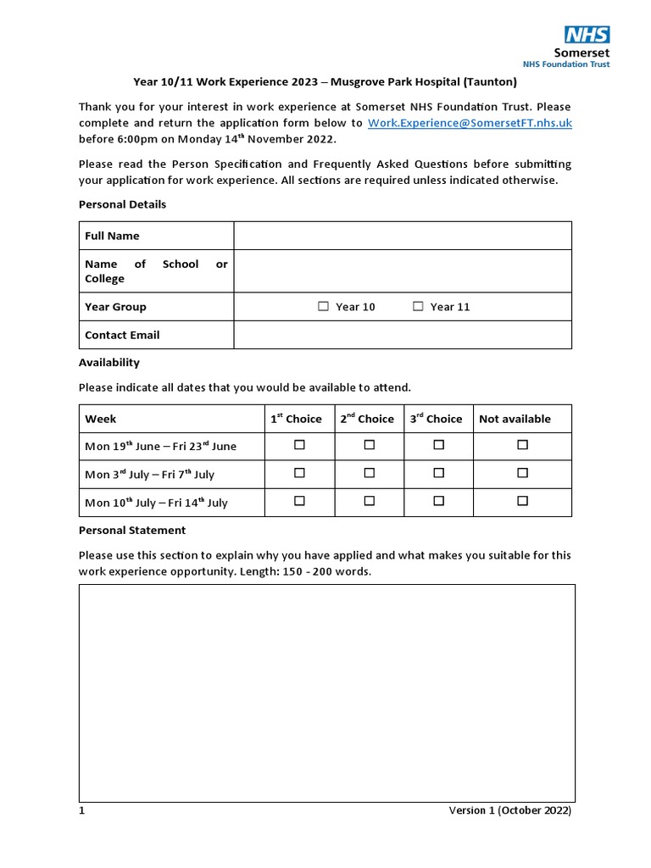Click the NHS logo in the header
[587, 35]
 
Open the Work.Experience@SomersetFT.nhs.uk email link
[470, 123]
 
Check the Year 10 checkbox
[324, 307]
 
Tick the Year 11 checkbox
[418, 307]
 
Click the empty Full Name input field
[403, 236]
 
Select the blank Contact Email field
[403, 335]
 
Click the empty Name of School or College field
[403, 271]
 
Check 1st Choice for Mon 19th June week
[299, 445]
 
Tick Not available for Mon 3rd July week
[522, 473]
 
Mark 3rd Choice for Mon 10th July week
[438, 501]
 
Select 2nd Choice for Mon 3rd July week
[369, 473]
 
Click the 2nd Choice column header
[367, 419]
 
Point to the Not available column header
[515, 419]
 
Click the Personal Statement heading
[131, 530]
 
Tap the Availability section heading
[109, 362]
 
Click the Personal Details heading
[122, 204]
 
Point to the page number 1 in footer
[82, 810]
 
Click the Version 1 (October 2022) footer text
[509, 810]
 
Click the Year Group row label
[115, 307]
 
